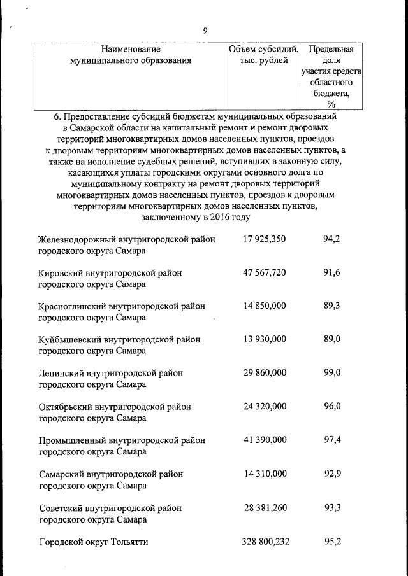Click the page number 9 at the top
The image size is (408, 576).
205,30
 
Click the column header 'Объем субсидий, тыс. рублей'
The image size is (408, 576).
264,55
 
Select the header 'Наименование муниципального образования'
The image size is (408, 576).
130,55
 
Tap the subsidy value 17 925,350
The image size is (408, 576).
265,239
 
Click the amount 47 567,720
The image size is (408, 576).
265,272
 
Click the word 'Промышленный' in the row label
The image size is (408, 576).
69,440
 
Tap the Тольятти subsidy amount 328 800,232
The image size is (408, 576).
265,542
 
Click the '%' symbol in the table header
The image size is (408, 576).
331,104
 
